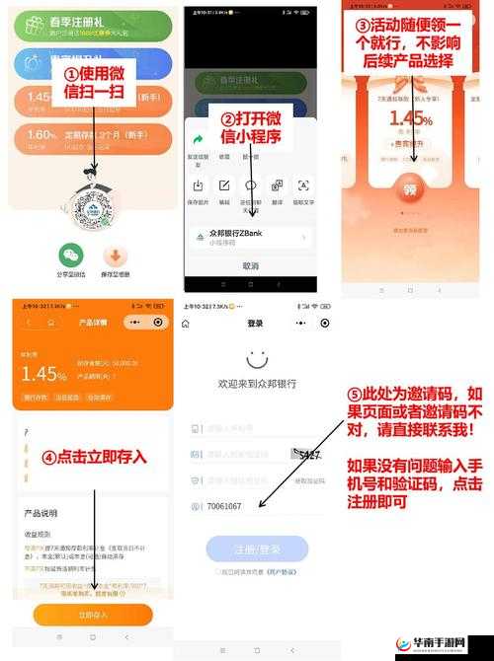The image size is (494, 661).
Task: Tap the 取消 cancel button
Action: pyautogui.click(x=250, y=265)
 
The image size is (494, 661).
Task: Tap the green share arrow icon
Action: pyautogui.click(x=199, y=140)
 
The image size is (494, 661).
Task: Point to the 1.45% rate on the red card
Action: pyautogui.click(x=410, y=119)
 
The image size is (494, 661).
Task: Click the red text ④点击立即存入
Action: pyautogui.click(x=94, y=457)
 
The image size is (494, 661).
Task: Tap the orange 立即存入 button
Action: pyautogui.click(x=93, y=615)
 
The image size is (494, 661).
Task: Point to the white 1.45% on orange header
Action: pyautogui.click(x=44, y=373)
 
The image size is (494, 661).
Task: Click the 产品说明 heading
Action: pyautogui.click(x=41, y=514)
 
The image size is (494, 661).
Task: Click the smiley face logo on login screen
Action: pyautogui.click(x=257, y=358)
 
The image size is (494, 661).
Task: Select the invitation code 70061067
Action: pyautogui.click(x=225, y=506)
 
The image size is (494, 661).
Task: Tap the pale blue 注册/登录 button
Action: pyautogui.click(x=256, y=550)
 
